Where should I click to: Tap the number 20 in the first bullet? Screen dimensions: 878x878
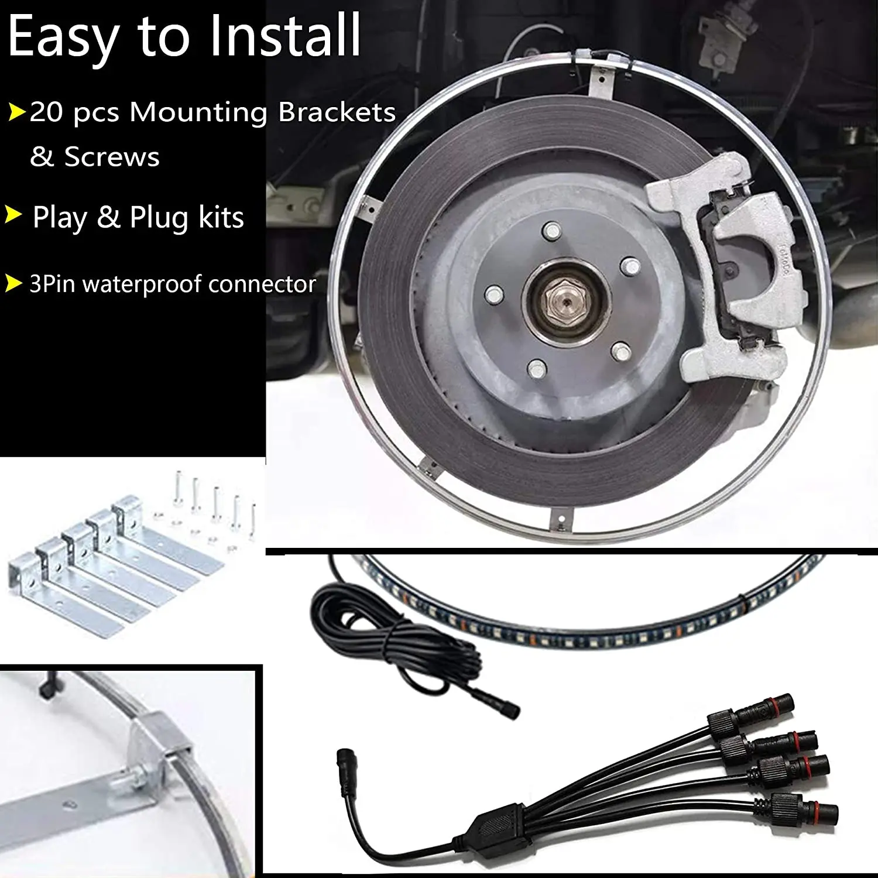pos(46,111)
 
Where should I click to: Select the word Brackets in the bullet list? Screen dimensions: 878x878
pos(337,111)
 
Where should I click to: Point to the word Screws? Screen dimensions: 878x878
pos(112,157)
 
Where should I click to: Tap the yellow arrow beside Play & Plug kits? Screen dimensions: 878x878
pos(13,215)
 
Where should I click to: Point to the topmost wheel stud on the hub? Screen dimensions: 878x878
pos(550,231)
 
